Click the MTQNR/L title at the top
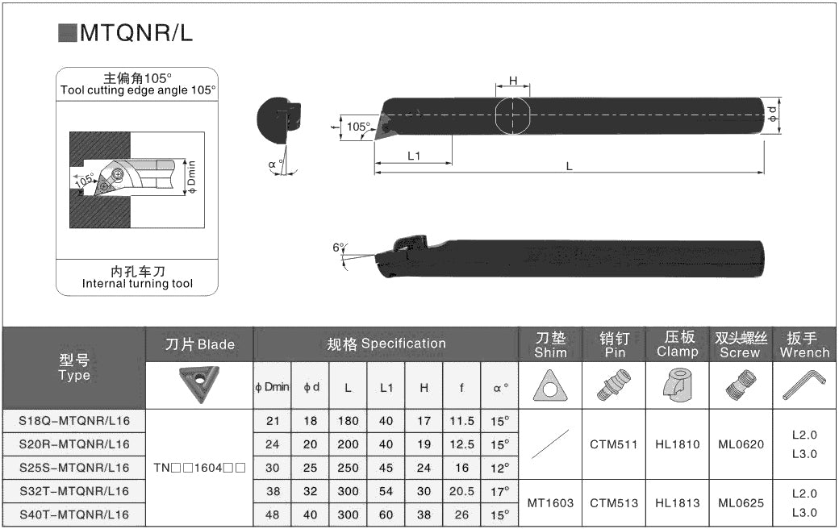coord(136,33)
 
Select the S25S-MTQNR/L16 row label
coord(74,468)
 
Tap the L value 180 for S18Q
coord(348,421)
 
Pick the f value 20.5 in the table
coord(461,491)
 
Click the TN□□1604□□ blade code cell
coord(199,468)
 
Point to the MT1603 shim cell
coord(550,502)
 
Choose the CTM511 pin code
coord(614,444)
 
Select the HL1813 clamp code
coord(678,502)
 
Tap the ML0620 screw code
coord(741,444)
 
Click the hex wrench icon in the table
coord(803,386)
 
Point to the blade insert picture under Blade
coord(199,383)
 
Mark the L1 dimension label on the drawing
coord(414,156)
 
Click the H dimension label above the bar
coord(513,81)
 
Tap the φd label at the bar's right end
coord(773,114)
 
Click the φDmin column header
coord(272,387)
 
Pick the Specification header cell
coord(386,344)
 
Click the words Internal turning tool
coord(137,284)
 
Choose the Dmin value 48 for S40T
coord(273,514)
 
